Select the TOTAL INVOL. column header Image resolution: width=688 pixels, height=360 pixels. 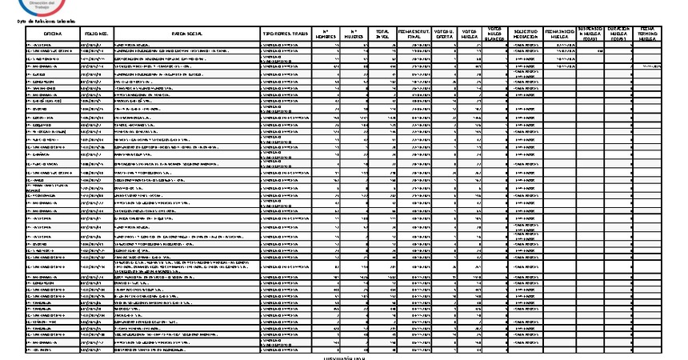coord(383,34)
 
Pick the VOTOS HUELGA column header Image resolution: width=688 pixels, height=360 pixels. coord(470,34)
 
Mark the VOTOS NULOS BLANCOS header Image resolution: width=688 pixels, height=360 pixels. coord(495,34)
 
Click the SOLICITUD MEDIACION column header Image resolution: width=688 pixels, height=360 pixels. coord(526,34)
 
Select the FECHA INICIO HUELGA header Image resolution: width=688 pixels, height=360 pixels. coord(559,34)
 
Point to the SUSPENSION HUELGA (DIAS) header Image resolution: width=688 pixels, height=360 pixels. coord(590,34)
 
